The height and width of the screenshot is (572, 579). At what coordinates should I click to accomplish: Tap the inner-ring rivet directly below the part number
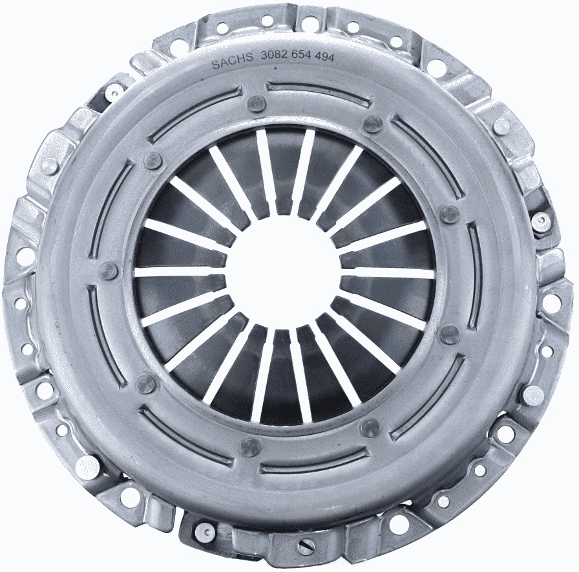pyautogui.click(x=257, y=103)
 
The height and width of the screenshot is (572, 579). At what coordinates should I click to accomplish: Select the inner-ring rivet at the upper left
pyautogui.click(x=153, y=160)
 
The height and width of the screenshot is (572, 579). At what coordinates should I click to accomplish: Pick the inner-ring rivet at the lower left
pyautogui.click(x=147, y=384)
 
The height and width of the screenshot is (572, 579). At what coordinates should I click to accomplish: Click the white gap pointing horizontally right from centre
pyautogui.click(x=388, y=273)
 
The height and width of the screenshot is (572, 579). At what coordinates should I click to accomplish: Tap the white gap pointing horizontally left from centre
pyautogui.click(x=181, y=272)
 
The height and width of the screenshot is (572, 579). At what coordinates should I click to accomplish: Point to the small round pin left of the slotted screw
pyautogui.click(x=204, y=533)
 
